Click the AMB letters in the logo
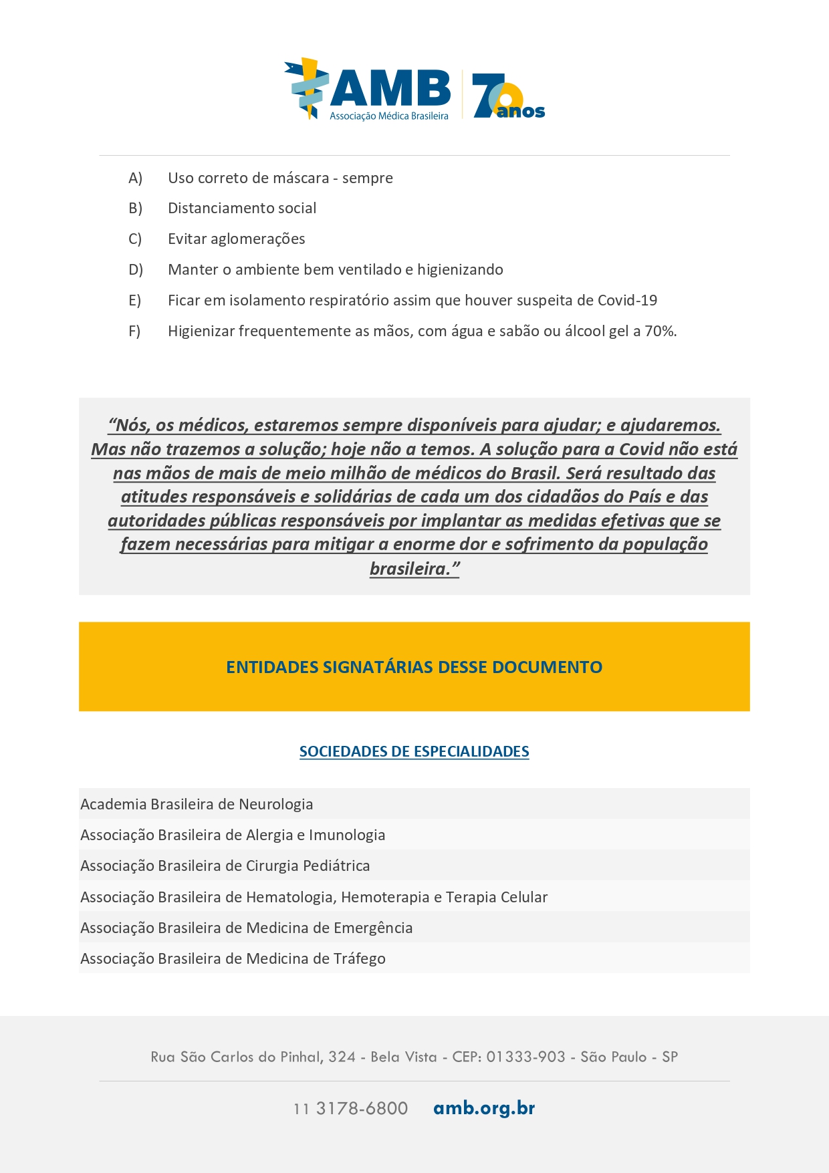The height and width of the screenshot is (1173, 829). pyautogui.click(x=390, y=88)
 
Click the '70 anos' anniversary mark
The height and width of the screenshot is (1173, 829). pyautogui.click(x=507, y=98)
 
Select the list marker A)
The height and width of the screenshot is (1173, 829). pyautogui.click(x=135, y=178)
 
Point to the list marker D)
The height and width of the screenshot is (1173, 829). pyautogui.click(x=136, y=270)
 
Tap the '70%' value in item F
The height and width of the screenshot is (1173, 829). pyautogui.click(x=660, y=332)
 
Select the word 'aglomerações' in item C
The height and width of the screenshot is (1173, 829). pyautogui.click(x=263, y=239)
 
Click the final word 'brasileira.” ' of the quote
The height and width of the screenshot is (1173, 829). pyautogui.click(x=414, y=569)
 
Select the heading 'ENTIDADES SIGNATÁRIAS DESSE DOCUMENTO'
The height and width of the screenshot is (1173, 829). pyautogui.click(x=414, y=667)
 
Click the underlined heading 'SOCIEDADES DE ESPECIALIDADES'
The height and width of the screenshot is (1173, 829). pyautogui.click(x=414, y=751)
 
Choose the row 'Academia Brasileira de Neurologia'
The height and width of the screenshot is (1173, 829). pyautogui.click(x=197, y=804)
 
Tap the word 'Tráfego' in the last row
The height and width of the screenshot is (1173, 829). pyautogui.click(x=359, y=958)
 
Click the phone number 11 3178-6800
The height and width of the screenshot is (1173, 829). pyautogui.click(x=350, y=1108)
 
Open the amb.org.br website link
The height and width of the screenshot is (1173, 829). pyautogui.click(x=484, y=1108)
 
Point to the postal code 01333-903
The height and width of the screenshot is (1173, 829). pyautogui.click(x=525, y=1057)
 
